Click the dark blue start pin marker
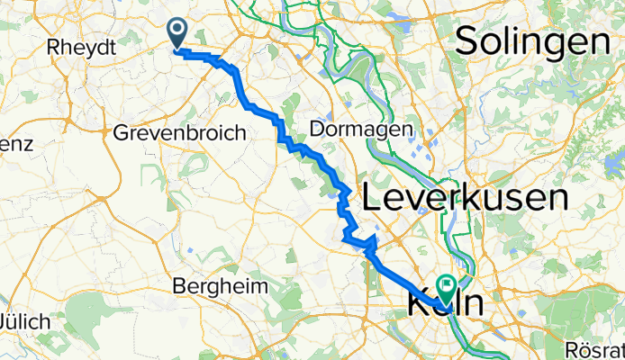pos(177,34)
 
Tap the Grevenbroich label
pos(179,133)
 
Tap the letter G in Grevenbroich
pos(122,133)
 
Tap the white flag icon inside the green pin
pos(448,285)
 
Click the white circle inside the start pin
pos(177,31)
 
